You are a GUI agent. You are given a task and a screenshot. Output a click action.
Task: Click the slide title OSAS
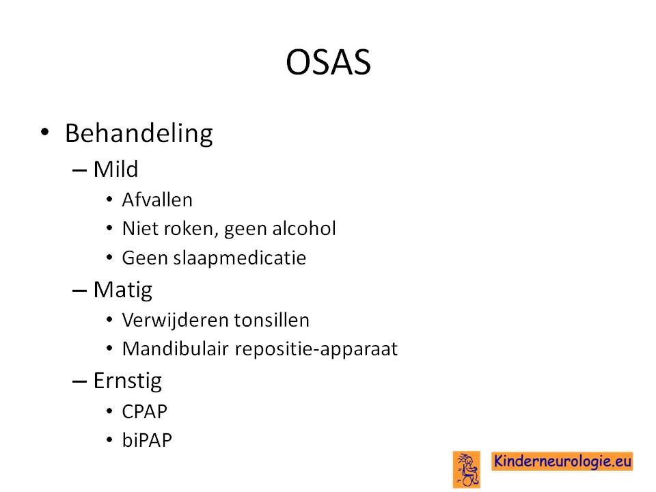(x=328, y=62)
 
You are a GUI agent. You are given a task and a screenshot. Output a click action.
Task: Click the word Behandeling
(x=139, y=134)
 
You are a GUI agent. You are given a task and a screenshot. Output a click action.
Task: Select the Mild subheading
(x=115, y=169)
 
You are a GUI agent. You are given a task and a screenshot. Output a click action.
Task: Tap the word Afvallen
(x=157, y=200)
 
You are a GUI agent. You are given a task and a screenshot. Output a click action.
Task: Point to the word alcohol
(x=303, y=228)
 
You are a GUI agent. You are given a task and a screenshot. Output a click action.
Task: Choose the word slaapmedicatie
(x=239, y=258)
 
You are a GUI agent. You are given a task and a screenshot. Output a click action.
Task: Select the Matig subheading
(x=122, y=290)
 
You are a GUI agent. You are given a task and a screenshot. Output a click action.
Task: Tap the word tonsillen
(x=271, y=320)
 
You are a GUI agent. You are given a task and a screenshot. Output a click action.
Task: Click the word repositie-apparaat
(x=316, y=350)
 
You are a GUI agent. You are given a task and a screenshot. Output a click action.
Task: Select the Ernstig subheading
(x=128, y=381)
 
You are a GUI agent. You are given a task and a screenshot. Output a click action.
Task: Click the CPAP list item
(x=144, y=411)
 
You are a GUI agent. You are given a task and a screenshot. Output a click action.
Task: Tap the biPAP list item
(x=147, y=440)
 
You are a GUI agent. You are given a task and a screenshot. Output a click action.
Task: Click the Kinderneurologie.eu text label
(x=562, y=461)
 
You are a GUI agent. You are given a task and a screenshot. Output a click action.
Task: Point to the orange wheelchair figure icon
(x=467, y=469)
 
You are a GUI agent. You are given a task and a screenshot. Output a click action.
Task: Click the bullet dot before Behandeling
(x=45, y=133)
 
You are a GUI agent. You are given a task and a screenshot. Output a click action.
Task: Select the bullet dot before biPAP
(x=109, y=439)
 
